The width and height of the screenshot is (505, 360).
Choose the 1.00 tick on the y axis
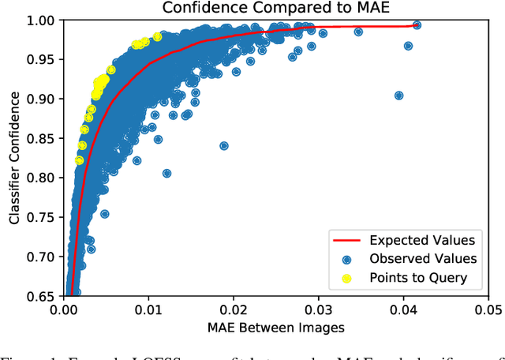(42, 21)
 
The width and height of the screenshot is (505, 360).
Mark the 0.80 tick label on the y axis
(42, 178)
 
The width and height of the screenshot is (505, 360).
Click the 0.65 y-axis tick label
(42, 296)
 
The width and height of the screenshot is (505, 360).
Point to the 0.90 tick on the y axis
(42, 99)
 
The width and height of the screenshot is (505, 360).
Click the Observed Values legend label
(423, 258)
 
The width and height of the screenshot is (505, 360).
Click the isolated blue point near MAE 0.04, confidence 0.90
(398, 96)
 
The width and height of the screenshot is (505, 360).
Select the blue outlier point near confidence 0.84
(224, 146)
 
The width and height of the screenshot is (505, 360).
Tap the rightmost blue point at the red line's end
(417, 25)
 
